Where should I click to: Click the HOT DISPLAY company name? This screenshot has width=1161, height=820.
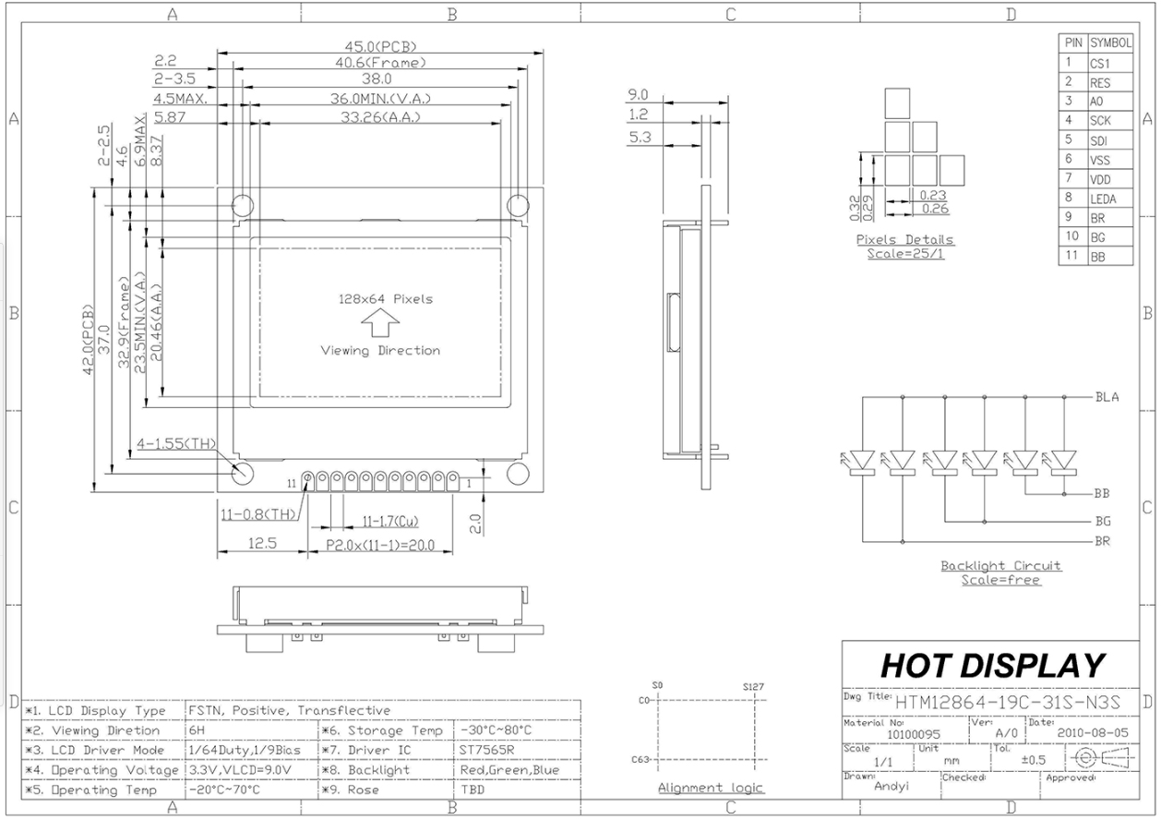[x=992, y=666]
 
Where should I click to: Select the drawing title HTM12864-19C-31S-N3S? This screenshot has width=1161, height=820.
[x=1008, y=703]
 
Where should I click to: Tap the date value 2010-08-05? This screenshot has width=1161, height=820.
[x=1093, y=733]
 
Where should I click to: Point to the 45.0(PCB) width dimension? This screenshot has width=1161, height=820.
[x=380, y=47]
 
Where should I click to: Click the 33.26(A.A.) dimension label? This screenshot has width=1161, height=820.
[x=380, y=117]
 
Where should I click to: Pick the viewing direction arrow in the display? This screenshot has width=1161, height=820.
[x=380, y=322]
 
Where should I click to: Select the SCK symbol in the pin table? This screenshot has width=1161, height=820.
[x=1100, y=121]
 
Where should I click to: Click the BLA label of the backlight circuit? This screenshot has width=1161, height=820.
[x=1107, y=397]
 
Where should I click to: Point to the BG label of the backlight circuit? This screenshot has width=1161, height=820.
[x=1103, y=521]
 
